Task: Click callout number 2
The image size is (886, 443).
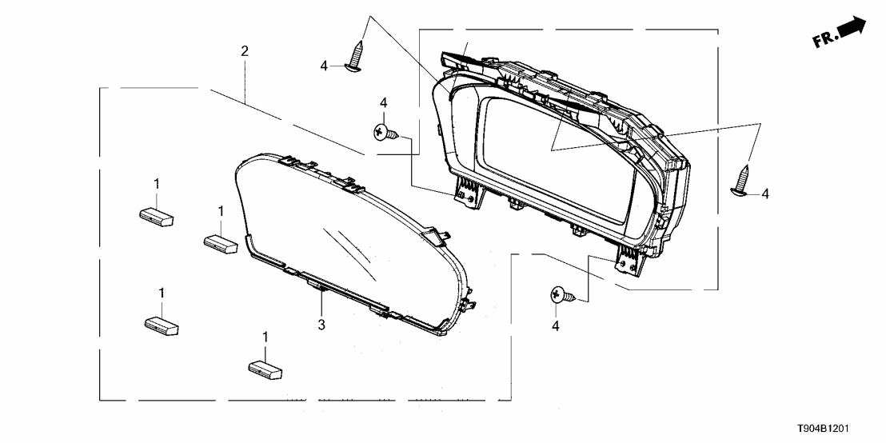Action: tap(245, 51)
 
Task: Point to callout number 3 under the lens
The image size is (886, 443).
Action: tap(321, 325)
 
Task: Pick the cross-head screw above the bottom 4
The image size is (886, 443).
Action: tap(561, 296)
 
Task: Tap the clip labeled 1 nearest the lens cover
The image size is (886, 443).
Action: tap(220, 242)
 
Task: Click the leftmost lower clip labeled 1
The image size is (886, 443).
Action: tap(161, 324)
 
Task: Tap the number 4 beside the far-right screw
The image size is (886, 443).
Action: tap(764, 193)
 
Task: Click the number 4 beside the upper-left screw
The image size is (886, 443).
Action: tap(324, 66)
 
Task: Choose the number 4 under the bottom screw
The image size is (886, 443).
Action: tap(555, 325)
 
